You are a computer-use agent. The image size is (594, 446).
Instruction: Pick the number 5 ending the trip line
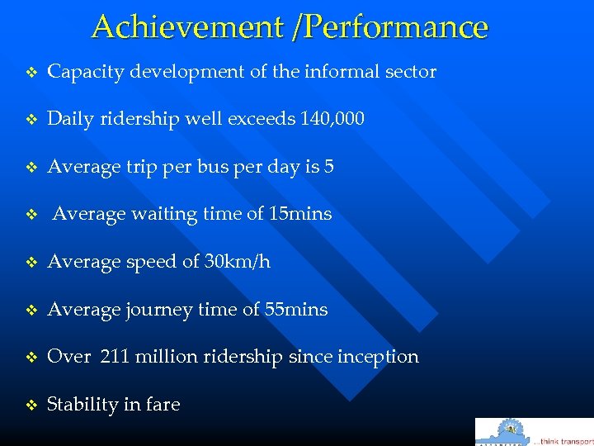[328, 167]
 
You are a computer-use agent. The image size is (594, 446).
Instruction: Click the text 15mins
[300, 214]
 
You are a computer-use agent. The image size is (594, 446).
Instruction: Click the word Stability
[81, 405]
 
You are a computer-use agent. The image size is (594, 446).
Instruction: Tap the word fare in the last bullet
[163, 405]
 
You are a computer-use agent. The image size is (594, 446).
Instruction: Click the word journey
[153, 310]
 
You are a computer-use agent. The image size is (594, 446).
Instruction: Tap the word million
[167, 357]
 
